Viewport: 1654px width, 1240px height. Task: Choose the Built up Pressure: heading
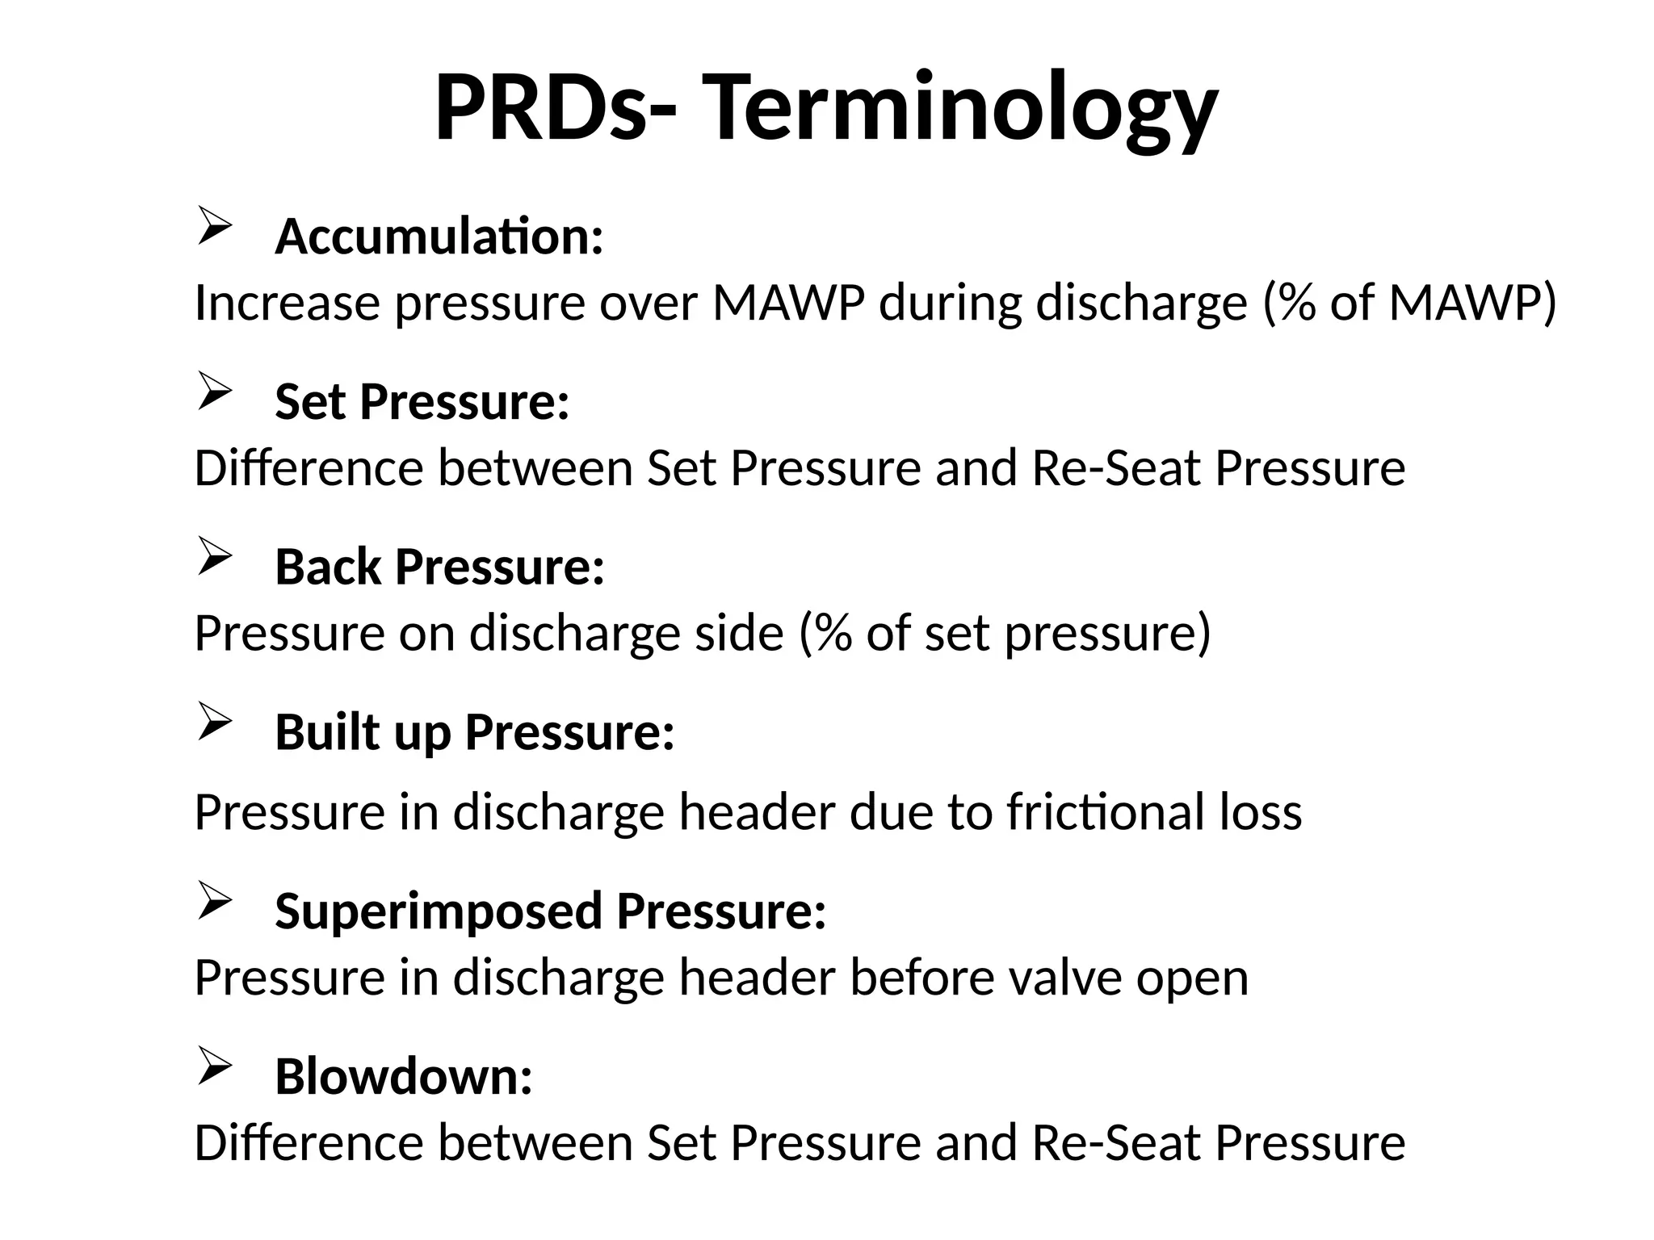[x=475, y=732]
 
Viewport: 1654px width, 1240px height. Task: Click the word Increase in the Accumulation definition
[x=288, y=304]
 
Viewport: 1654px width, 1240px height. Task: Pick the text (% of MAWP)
[x=1408, y=304]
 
